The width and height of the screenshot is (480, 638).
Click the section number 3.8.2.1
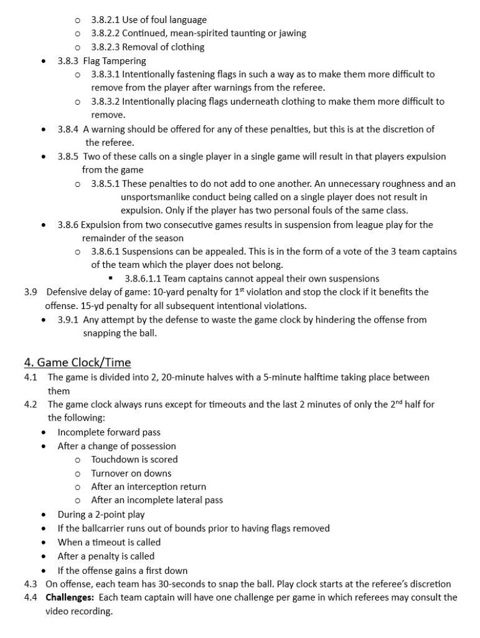(105, 20)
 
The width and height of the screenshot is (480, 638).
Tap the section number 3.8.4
(68, 130)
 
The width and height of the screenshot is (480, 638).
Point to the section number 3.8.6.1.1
(145, 279)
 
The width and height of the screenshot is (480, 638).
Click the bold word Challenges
(69, 598)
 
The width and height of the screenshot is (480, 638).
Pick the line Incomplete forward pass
(109, 432)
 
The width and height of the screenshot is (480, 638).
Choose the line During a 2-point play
(101, 515)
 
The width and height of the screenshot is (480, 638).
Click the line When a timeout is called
(109, 542)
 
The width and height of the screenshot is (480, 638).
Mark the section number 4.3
(31, 584)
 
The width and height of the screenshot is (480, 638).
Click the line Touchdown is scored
(134, 459)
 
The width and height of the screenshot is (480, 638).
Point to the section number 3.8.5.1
(105, 184)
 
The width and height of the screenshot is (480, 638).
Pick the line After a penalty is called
(106, 556)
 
